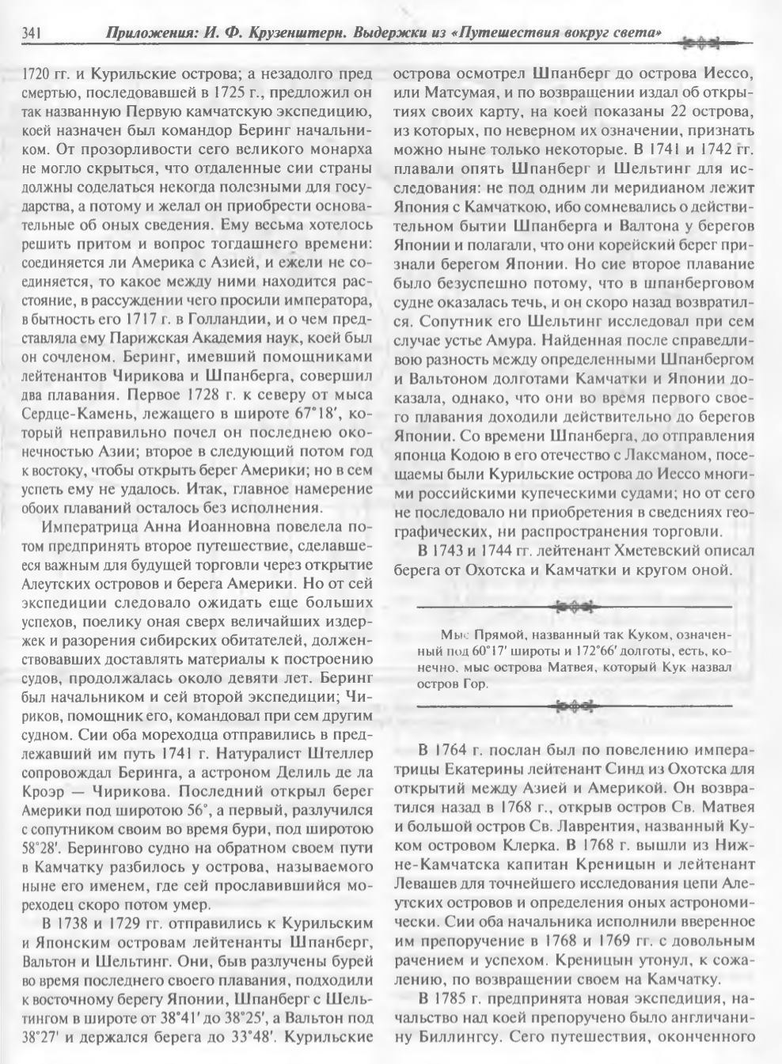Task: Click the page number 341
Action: click(x=31, y=34)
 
